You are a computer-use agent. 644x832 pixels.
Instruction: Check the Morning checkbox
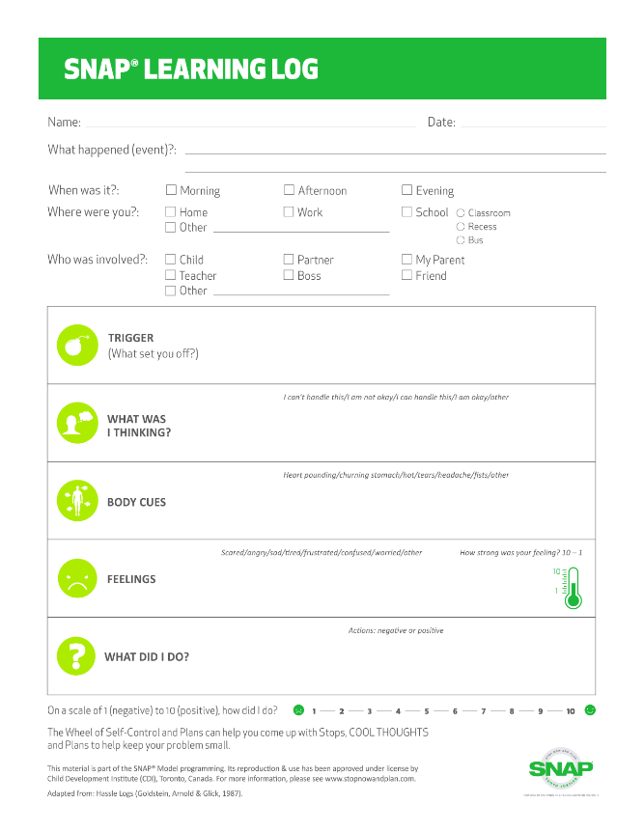point(171,190)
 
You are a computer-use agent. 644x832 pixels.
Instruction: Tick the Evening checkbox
point(407,190)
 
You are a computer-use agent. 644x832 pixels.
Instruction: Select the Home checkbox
point(171,211)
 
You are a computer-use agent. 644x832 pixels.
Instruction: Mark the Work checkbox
point(289,211)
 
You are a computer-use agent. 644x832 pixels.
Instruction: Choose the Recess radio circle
point(461,227)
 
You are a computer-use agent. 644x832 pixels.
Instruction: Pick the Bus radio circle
point(461,240)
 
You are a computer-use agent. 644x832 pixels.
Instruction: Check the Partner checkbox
point(289,259)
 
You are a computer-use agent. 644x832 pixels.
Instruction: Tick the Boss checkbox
point(289,275)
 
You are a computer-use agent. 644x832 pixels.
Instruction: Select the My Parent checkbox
point(407,259)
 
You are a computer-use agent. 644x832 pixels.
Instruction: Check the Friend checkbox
point(407,275)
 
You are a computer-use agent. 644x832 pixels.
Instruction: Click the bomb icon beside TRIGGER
point(77,346)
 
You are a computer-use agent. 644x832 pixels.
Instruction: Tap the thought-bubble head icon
point(77,423)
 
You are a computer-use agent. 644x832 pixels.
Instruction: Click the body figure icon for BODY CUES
point(77,500)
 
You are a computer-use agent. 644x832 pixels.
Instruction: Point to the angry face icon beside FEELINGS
point(77,578)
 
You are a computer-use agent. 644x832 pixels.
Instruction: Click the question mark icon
point(77,655)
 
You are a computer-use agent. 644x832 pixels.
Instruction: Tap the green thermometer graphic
point(574,588)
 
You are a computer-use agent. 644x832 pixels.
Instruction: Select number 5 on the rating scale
point(426,711)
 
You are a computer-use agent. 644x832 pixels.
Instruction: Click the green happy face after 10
point(590,710)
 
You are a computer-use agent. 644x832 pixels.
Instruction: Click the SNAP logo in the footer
point(560,767)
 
